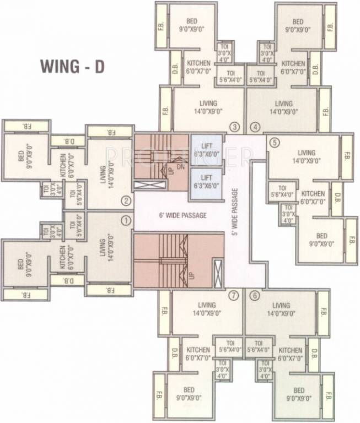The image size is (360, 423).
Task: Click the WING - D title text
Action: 72,66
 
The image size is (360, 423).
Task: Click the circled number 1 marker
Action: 126,221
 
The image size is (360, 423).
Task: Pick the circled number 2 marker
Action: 126,200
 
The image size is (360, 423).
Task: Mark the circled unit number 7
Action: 234,296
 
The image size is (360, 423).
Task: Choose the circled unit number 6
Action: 254,296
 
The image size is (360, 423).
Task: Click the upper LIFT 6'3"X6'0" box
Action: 206,150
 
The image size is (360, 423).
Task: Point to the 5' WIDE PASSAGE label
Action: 235,211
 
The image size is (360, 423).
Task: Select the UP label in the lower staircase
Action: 194,272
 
